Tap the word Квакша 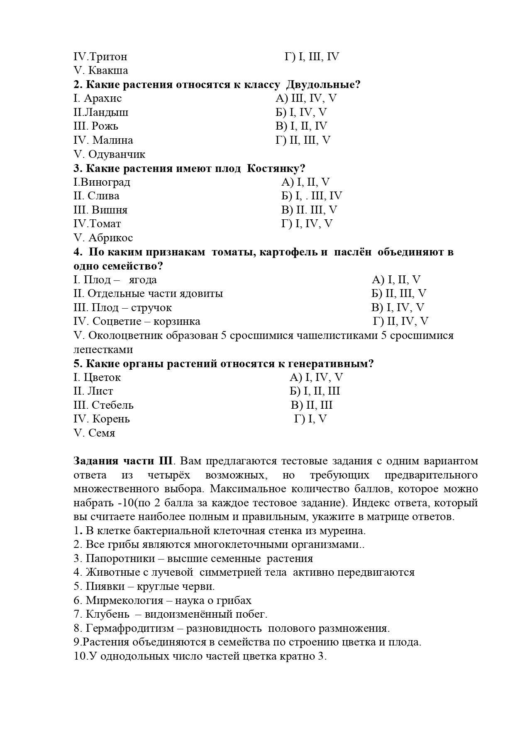pyautogui.click(x=108, y=71)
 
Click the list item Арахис pyautogui.click(x=103, y=98)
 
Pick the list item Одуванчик pyautogui.click(x=117, y=155)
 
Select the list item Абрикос pyautogui.click(x=110, y=238)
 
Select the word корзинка pyautogui.click(x=177, y=322)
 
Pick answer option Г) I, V pyautogui.click(x=310, y=420)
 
